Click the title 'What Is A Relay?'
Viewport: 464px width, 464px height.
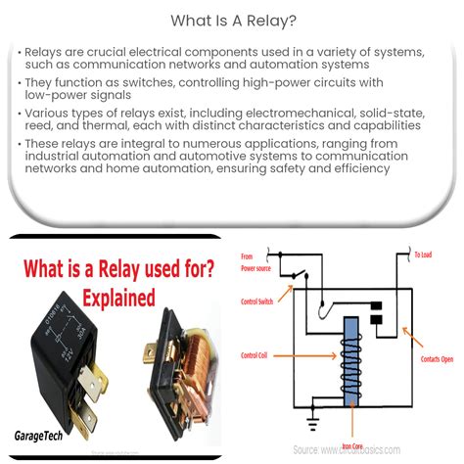pos(232,19)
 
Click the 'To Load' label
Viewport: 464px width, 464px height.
pos(422,255)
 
